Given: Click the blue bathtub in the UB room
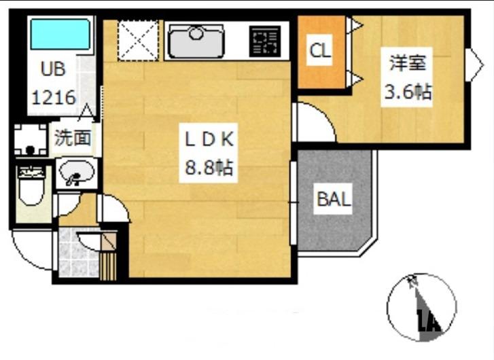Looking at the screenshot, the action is tap(60, 35).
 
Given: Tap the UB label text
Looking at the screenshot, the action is tap(53, 69).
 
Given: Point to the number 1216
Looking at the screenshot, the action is tap(54, 97).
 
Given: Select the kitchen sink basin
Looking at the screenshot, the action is tap(196, 41).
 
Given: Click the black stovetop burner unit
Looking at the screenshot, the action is tap(264, 41).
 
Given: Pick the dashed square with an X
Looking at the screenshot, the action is tap(138, 40).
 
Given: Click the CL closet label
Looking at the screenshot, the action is tap(320, 50).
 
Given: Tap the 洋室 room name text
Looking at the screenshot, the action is tap(407, 62).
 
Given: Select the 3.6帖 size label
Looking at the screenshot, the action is tap(407, 92).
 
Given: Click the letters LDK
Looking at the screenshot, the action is tap(209, 139).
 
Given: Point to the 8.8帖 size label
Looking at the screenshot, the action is tap(209, 168).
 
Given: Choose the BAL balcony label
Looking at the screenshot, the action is tap(334, 200).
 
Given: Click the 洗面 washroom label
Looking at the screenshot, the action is tap(73, 138).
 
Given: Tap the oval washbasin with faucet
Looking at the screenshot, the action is tap(77, 173).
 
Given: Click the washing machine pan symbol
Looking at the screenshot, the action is tap(31, 139).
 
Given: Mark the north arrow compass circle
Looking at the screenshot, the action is tap(421, 308).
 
